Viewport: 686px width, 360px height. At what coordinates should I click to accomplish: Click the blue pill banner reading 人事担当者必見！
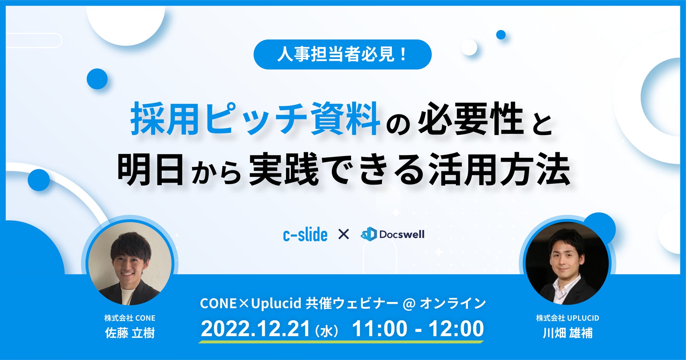tap(342, 54)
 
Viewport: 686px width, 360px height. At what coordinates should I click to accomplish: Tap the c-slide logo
tap(305, 234)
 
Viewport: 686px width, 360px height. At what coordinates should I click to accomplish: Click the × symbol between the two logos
tap(343, 234)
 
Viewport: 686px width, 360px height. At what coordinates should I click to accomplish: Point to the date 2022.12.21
tap(255, 329)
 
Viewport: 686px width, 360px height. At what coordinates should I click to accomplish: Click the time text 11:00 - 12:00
tap(418, 329)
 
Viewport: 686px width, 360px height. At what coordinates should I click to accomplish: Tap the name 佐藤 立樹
tap(130, 333)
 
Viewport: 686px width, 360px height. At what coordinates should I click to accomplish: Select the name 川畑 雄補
tap(567, 333)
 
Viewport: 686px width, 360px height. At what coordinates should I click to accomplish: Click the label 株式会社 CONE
tap(130, 318)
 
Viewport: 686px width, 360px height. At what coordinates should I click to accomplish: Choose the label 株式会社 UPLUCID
tap(567, 318)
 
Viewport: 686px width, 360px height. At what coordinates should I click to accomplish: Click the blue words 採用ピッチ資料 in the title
tap(255, 119)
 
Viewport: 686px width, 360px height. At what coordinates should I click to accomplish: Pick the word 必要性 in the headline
tap(471, 119)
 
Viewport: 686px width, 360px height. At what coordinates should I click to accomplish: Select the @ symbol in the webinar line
tap(409, 304)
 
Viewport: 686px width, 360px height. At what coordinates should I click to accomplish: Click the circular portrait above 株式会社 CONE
tap(130, 262)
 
